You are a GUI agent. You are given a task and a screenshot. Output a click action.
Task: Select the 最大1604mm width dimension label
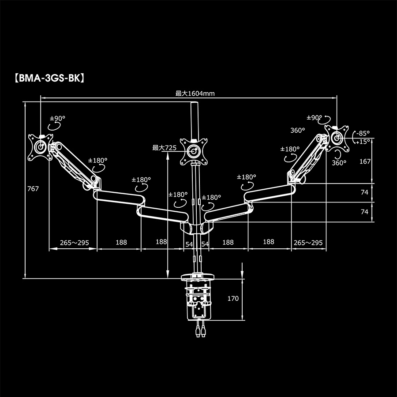point(195,93)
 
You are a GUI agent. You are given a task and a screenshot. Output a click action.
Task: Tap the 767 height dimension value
point(33,189)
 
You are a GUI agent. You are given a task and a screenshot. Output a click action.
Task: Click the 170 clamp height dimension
point(233,299)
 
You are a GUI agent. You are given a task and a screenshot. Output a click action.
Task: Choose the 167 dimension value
point(365,161)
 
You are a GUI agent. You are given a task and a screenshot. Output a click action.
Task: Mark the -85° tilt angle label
point(363,133)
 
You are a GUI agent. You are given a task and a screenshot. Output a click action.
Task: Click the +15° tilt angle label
point(363,142)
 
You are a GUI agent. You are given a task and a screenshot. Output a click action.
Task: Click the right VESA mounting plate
point(337,136)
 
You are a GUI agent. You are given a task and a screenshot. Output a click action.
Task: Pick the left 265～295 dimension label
point(75,243)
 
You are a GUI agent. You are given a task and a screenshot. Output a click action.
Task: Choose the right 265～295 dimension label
point(308,243)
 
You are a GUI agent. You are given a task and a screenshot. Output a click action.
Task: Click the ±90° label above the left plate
point(57,118)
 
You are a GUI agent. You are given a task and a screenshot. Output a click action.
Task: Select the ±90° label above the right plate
point(315,117)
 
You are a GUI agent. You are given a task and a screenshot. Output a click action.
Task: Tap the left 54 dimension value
point(189,244)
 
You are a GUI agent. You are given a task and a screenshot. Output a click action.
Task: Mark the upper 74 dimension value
point(364,192)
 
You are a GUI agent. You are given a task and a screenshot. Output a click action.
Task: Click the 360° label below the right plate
point(339,163)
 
